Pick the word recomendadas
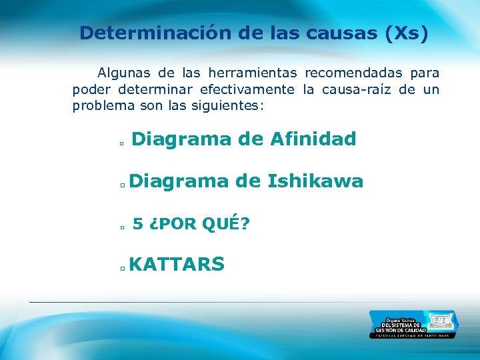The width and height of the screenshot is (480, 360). point(353,73)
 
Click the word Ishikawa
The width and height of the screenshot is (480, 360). point(315,181)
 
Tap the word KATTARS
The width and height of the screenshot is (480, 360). point(177,265)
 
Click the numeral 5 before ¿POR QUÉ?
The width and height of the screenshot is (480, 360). point(137,225)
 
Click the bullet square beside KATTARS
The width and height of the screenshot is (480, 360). point(123,269)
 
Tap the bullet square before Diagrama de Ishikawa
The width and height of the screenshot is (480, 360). point(123,185)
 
